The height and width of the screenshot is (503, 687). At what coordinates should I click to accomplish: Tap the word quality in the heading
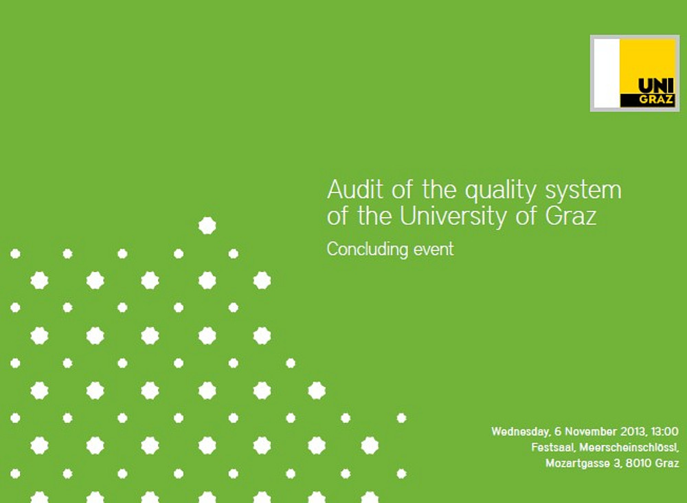(500, 192)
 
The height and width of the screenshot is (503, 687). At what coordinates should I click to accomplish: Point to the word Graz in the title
(571, 216)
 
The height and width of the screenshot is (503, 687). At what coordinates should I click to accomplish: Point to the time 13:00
(664, 432)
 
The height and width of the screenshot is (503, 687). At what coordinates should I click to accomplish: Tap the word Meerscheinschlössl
(629, 447)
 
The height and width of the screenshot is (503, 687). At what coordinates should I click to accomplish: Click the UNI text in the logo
(656, 85)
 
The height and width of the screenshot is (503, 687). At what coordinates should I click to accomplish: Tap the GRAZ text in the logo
(656, 100)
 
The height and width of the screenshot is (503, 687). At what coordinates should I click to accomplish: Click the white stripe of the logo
(607, 73)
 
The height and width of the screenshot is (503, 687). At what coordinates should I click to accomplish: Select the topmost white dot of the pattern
(207, 225)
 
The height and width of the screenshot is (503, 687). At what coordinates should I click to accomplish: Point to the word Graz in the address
(668, 463)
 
